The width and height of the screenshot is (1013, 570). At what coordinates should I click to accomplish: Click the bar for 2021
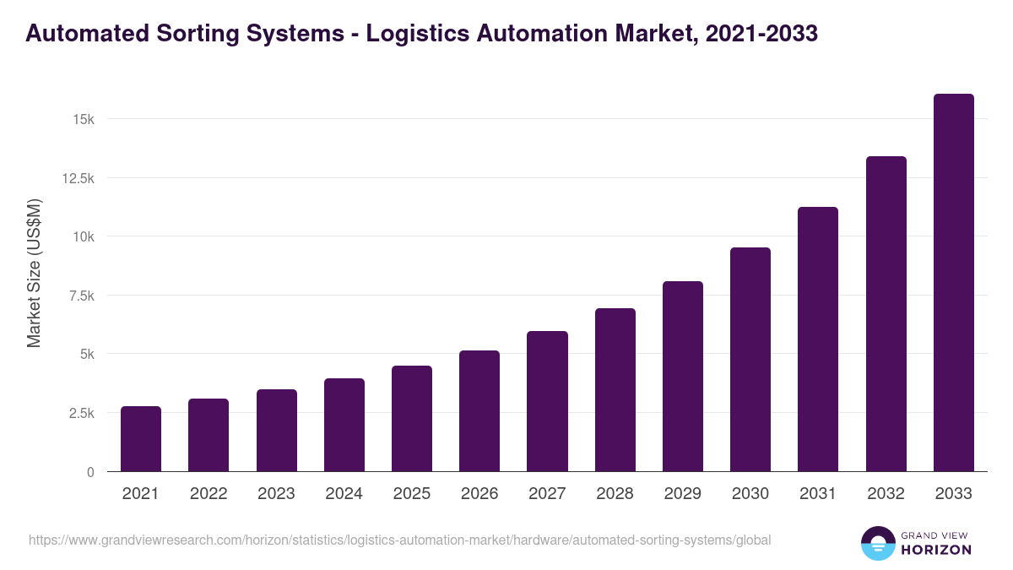click(x=140, y=438)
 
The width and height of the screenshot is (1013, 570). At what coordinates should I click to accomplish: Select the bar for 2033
click(x=953, y=283)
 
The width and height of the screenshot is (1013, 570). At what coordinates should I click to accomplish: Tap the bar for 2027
click(x=547, y=401)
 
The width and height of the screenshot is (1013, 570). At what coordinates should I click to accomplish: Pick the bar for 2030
click(x=750, y=359)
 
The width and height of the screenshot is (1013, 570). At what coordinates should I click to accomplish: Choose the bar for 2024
click(x=344, y=425)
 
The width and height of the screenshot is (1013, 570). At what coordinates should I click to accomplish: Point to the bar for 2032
click(x=886, y=313)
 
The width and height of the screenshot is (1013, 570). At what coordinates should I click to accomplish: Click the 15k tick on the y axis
click(x=83, y=119)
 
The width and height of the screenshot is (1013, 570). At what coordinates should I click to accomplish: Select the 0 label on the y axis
click(x=89, y=472)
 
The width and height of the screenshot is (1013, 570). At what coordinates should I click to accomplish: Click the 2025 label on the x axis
click(x=411, y=494)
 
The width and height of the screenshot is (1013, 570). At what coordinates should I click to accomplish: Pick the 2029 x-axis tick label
click(x=682, y=494)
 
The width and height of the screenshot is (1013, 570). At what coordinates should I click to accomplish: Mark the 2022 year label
click(x=209, y=494)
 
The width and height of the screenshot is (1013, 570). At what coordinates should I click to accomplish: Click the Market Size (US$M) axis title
click(x=34, y=274)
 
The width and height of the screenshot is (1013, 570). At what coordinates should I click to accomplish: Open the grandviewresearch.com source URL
click(x=399, y=540)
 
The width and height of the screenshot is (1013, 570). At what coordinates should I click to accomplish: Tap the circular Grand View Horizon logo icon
click(x=877, y=543)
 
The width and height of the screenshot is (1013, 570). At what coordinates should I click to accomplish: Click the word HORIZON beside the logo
click(x=936, y=550)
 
